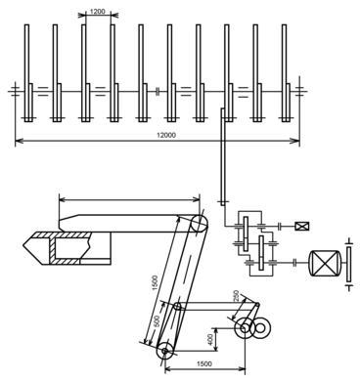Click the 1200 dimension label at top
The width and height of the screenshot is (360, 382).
click(98, 12)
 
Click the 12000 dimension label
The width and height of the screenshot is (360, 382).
click(166, 135)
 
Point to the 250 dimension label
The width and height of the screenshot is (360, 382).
click(238, 296)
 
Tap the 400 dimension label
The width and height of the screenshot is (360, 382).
click(211, 340)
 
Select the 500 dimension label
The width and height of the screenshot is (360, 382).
click(157, 321)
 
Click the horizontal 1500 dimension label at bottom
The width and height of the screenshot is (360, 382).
click(204, 363)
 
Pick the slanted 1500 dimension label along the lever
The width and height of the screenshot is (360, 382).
click(155, 283)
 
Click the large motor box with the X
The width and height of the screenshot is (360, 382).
click(325, 264)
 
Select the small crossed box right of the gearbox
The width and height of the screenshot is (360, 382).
click(302, 226)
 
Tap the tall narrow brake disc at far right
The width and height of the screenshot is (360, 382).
click(349, 265)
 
